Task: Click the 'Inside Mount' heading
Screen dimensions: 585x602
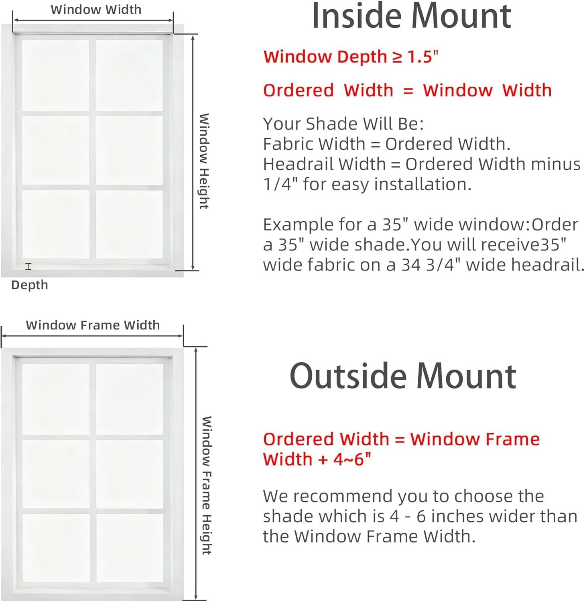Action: click(411, 16)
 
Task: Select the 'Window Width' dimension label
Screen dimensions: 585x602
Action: click(96, 9)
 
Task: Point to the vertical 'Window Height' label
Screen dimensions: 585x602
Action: click(204, 161)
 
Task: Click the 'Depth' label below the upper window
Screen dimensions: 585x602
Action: click(29, 285)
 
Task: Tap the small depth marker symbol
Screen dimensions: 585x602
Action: click(28, 266)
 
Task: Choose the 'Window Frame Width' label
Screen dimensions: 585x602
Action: click(93, 325)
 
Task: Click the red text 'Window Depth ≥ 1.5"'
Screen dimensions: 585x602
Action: click(351, 57)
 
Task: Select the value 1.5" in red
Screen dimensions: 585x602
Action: click(423, 57)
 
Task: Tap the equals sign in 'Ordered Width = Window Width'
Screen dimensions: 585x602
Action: click(408, 91)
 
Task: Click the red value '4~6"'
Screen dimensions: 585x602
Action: click(352, 459)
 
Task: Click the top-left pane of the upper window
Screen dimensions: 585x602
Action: click(55, 75)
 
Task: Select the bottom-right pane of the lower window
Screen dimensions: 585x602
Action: click(130, 548)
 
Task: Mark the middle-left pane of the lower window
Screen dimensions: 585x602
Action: click(56, 474)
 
